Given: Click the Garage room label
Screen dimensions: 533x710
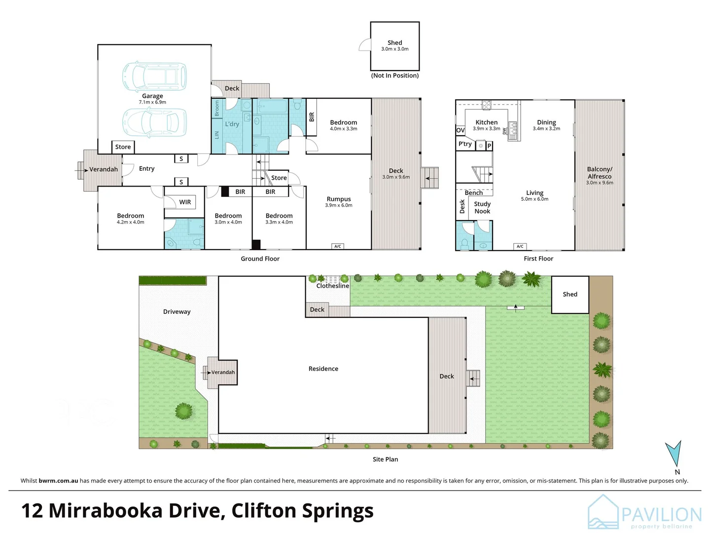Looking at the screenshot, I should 152,96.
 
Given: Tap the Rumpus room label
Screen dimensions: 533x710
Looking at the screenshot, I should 339,199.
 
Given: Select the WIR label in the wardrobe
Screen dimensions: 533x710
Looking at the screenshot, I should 185,202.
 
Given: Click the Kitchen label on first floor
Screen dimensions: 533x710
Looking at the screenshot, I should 486,122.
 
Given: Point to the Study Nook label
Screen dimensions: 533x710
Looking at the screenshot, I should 482,208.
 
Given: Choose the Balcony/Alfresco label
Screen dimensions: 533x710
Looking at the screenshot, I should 600,173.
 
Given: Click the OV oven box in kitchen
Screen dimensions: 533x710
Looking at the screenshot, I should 460,130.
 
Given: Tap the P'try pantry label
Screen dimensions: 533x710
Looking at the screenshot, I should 465,144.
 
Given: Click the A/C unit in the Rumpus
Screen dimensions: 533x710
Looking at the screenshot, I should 338,246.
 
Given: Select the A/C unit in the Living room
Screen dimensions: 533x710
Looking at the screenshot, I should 520,246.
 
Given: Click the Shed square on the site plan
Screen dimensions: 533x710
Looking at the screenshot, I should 570,295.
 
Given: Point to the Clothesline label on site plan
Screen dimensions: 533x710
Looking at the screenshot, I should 333,286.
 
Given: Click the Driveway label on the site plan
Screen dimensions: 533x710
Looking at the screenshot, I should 177,312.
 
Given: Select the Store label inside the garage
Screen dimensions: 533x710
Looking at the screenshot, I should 123,147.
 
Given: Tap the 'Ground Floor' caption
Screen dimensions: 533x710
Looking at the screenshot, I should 260,259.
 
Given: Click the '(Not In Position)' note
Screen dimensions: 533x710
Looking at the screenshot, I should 395,76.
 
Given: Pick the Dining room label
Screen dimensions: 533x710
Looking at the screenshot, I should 546,122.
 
